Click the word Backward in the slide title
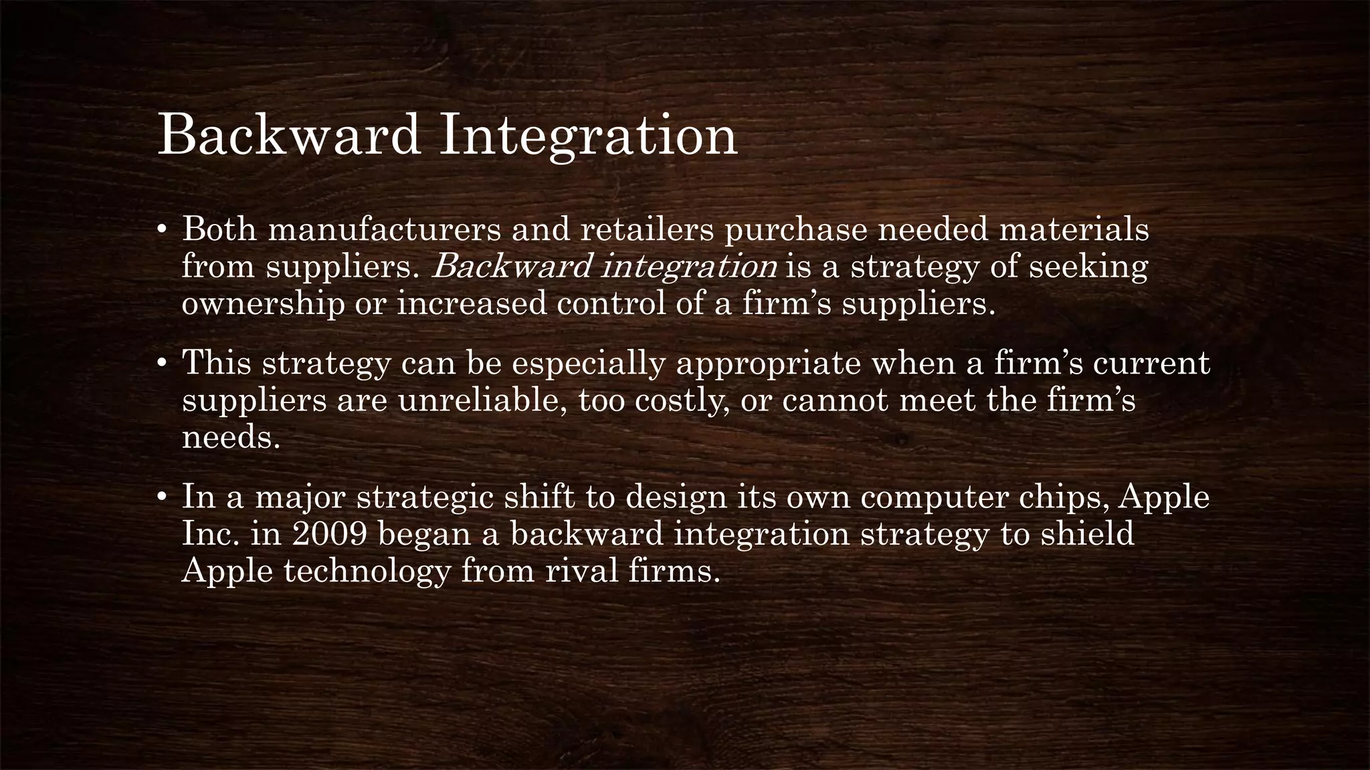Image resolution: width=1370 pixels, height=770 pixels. [x=289, y=136]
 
